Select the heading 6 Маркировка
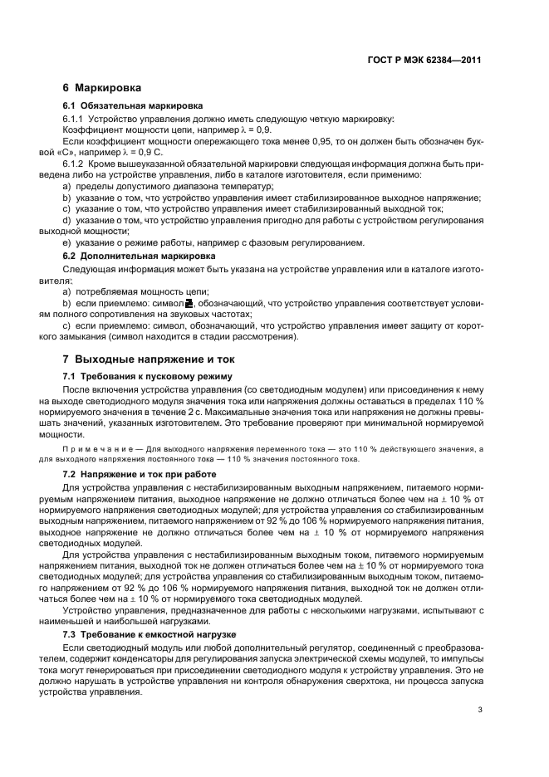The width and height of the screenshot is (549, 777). [x=102, y=88]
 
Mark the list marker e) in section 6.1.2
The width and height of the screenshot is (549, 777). [x=67, y=242]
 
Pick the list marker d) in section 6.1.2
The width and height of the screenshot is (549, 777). [x=67, y=220]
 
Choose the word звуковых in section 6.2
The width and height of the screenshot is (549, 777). [x=191, y=315]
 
